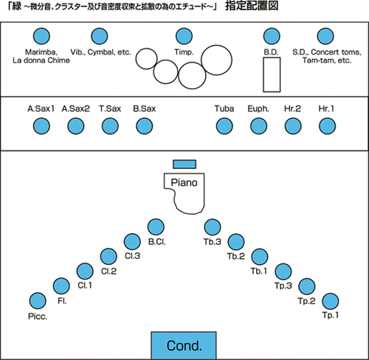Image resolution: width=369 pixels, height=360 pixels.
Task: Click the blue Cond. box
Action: click(x=184, y=345)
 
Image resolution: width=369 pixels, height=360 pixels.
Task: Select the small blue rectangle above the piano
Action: click(x=184, y=165)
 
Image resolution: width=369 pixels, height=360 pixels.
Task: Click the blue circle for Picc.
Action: click(x=38, y=301)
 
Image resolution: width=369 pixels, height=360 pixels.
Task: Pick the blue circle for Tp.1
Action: click(x=331, y=301)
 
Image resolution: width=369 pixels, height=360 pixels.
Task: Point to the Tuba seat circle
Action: click(x=224, y=126)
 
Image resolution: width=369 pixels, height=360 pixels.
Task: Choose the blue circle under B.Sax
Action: click(x=145, y=126)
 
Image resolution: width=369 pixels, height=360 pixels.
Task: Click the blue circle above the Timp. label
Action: click(x=184, y=36)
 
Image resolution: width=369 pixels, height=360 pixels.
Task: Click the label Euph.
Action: click(x=258, y=108)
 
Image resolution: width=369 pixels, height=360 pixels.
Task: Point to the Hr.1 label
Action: click(x=326, y=108)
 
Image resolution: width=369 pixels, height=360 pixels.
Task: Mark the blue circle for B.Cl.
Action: click(x=156, y=226)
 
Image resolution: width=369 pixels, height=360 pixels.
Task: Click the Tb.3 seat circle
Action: click(x=213, y=226)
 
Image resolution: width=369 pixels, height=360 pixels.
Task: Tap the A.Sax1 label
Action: click(x=41, y=108)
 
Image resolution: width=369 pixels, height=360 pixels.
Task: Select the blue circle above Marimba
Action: click(x=41, y=36)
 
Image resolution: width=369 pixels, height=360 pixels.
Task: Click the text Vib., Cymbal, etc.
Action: click(x=100, y=52)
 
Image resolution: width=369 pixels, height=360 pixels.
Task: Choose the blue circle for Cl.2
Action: click(x=108, y=257)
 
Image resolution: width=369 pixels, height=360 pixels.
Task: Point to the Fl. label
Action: click(x=62, y=301)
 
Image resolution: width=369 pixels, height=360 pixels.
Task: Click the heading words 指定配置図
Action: click(x=252, y=6)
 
